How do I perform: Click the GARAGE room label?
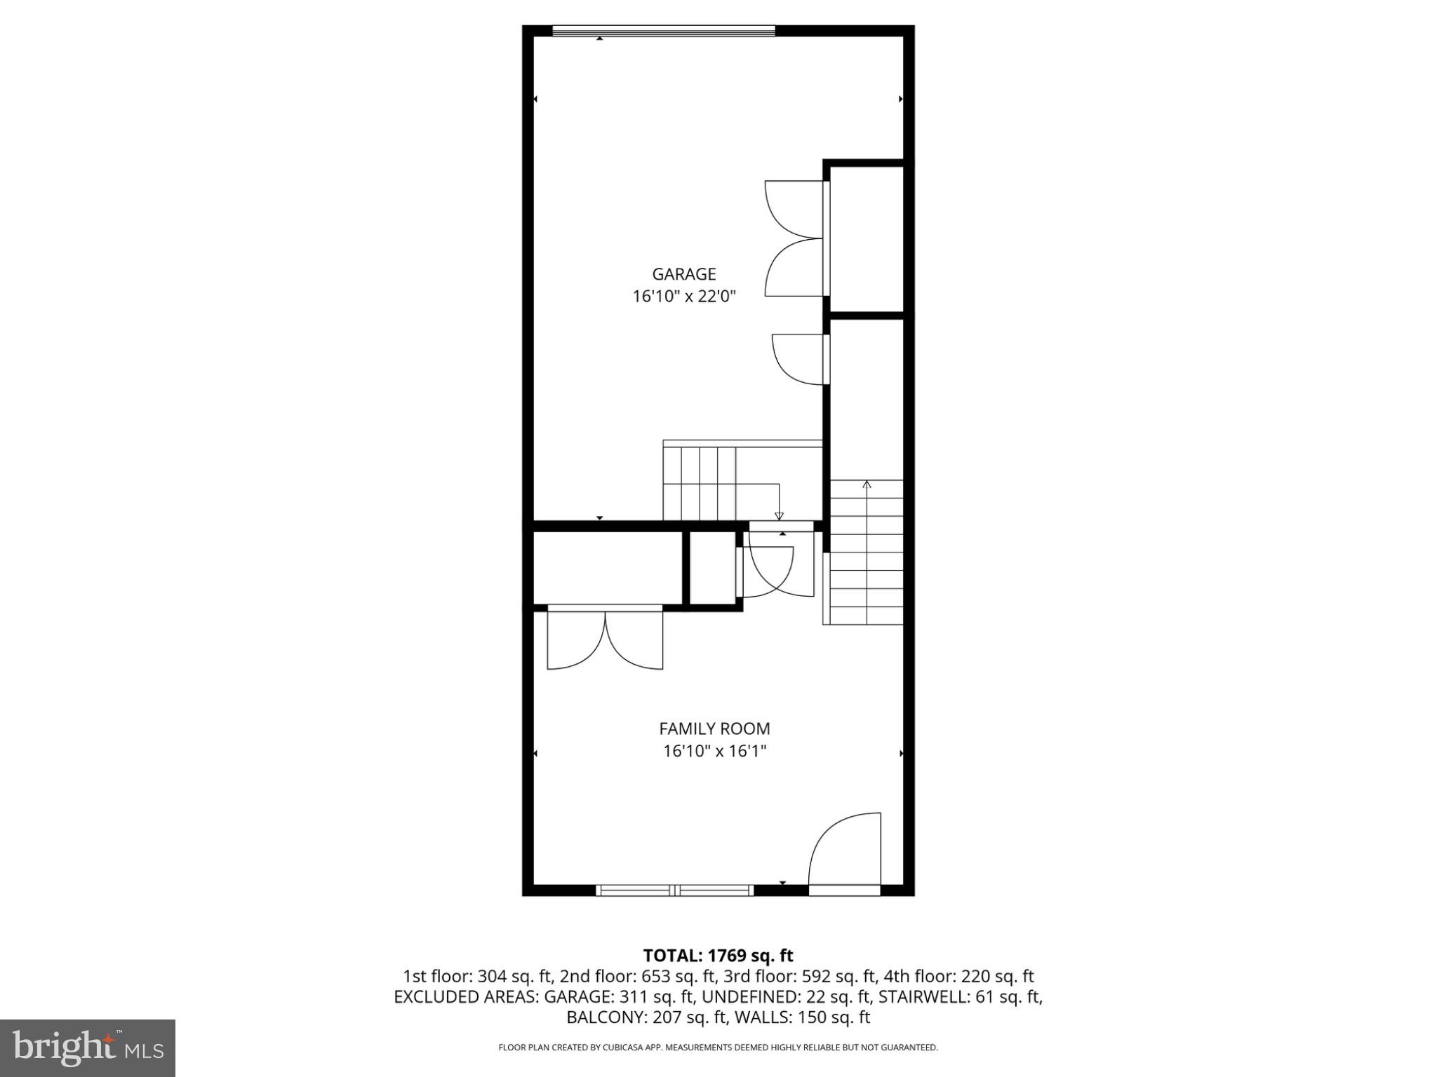point(683,274)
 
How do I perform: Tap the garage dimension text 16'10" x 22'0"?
point(683,297)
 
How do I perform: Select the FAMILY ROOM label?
point(714,729)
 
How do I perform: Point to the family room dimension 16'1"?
point(749,752)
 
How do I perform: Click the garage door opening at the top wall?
point(663,30)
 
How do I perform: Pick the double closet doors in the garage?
point(794,238)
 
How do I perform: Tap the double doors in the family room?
point(605,639)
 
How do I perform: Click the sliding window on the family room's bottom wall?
point(674,890)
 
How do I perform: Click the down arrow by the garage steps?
point(779,515)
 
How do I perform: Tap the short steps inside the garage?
point(699,484)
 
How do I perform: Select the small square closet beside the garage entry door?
point(712,568)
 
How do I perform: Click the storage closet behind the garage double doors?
point(867,238)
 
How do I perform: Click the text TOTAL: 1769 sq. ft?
point(718,956)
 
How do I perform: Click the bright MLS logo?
point(88,1048)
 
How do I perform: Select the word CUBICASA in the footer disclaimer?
point(624,1048)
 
